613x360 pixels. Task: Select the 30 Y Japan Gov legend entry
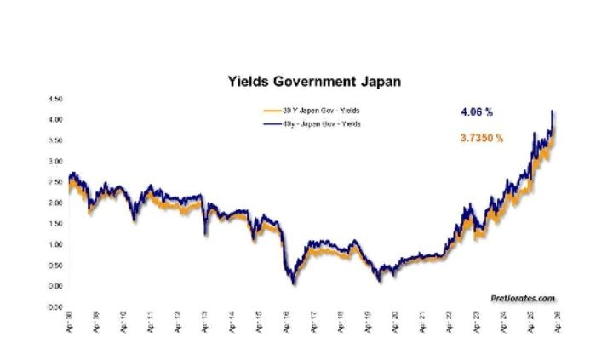click(315, 111)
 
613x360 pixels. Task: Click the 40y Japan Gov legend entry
click(315, 124)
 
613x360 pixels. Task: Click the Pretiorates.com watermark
click(523, 298)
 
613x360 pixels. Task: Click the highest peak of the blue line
click(553, 111)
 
